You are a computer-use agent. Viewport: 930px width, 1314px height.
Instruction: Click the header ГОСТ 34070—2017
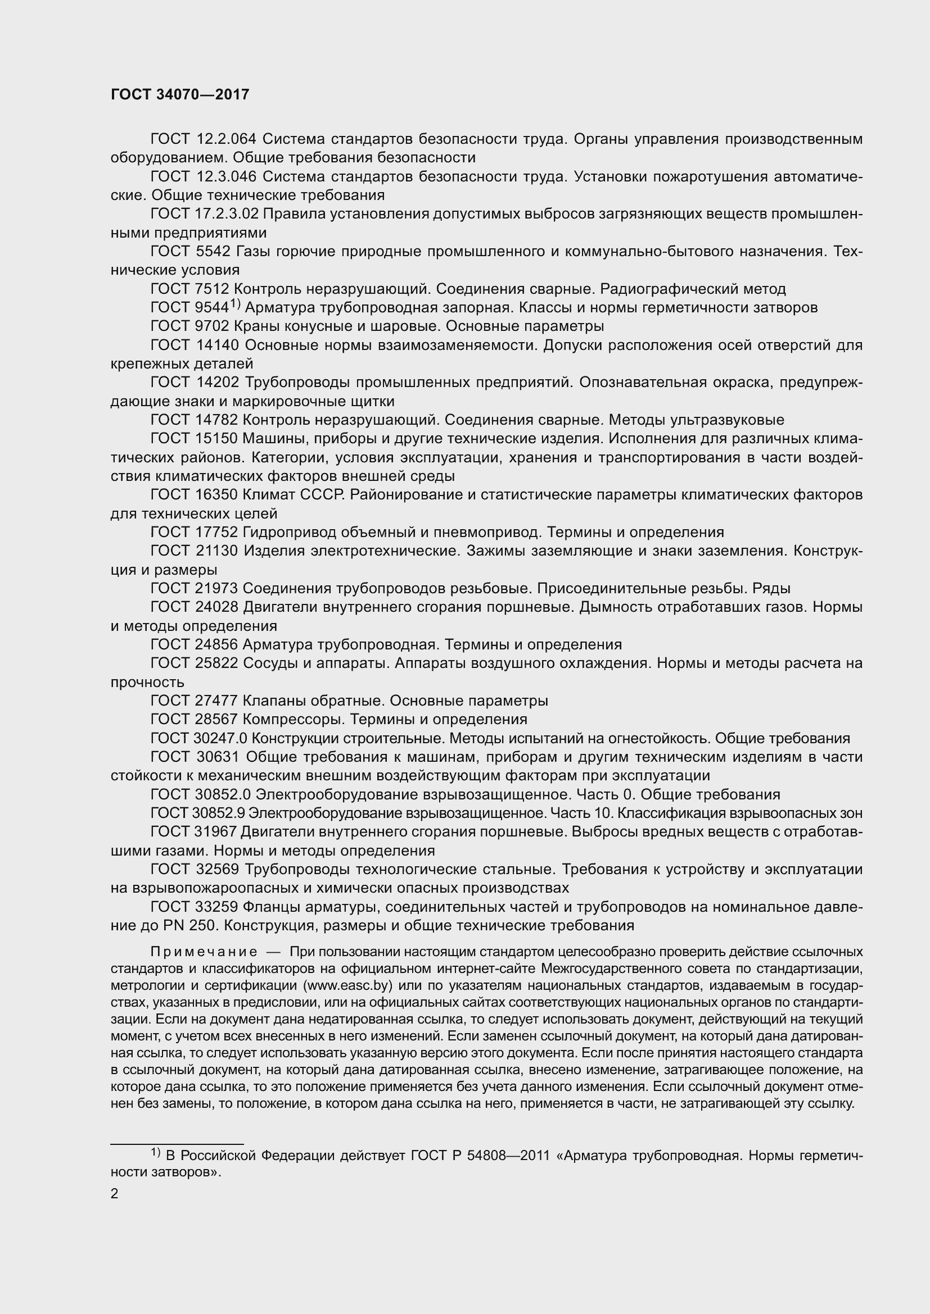[x=180, y=95]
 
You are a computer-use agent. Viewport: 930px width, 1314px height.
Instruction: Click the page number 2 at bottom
[x=115, y=1194]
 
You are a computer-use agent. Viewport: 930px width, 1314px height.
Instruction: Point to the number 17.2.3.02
[x=228, y=214]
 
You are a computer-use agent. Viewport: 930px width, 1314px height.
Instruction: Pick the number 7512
[x=212, y=289]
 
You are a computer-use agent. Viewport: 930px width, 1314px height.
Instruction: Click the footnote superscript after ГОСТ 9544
[x=236, y=304]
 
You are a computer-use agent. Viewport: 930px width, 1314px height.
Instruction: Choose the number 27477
[x=216, y=701]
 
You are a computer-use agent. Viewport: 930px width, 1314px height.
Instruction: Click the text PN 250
[x=164, y=926]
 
